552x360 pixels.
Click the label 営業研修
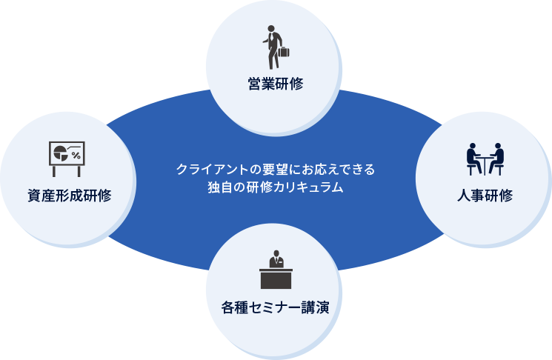point(276,84)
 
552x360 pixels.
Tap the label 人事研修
point(485,196)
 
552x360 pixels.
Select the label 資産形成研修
point(70,196)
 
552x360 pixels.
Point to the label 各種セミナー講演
point(276,307)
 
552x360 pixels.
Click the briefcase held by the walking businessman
point(283,52)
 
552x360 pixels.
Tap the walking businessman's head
point(271,28)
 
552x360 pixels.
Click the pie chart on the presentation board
point(61,153)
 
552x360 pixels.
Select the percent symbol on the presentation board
point(76,156)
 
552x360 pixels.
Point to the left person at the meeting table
point(474,159)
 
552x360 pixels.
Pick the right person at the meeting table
point(496,159)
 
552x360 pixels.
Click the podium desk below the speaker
point(276,279)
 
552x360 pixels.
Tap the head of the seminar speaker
point(276,253)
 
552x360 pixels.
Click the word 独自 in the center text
point(220,187)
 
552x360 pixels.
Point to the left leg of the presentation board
point(54,171)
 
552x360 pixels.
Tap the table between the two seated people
point(485,164)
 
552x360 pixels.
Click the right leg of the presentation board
point(79,171)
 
